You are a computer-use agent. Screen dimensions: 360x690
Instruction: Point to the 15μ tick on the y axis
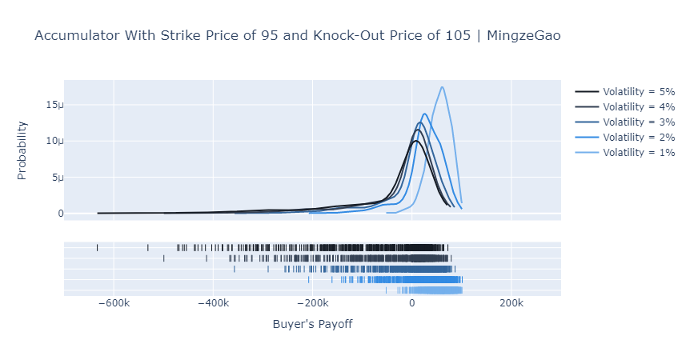click(x=54, y=105)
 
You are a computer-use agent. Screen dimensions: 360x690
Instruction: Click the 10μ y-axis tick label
click(x=54, y=141)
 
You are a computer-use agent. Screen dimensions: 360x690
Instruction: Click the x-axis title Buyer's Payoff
click(x=312, y=324)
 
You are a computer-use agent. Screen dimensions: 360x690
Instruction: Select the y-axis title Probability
click(x=22, y=150)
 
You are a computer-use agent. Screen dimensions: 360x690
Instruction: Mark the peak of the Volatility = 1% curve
click(x=442, y=86)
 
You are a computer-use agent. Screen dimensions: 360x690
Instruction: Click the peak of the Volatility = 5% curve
click(x=415, y=141)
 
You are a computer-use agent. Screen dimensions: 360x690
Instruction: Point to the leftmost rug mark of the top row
click(x=97, y=248)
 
